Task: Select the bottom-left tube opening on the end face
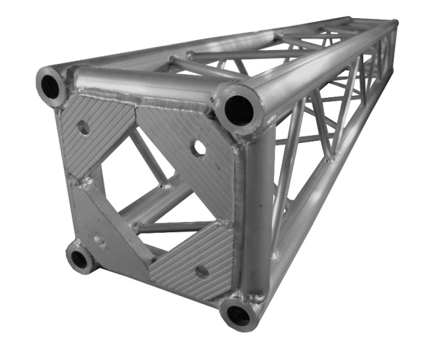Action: click(x=80, y=258)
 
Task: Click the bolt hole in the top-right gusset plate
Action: click(x=197, y=149)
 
